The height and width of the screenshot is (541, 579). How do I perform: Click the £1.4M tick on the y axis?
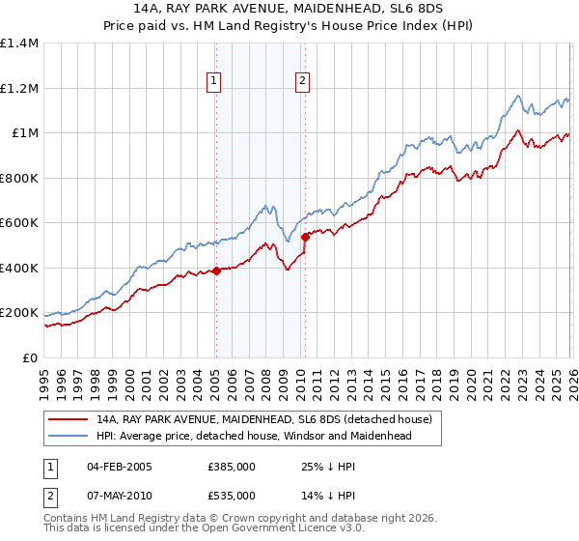pyautogui.click(x=19, y=43)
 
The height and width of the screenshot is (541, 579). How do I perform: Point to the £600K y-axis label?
pyautogui.click(x=19, y=223)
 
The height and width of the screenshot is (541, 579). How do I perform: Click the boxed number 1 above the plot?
pyautogui.click(x=213, y=82)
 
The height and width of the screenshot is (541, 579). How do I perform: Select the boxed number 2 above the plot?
pyautogui.click(x=303, y=82)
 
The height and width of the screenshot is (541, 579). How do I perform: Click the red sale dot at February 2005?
pyautogui.click(x=216, y=271)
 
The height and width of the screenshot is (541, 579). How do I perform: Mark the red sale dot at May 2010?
pyautogui.click(x=306, y=237)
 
